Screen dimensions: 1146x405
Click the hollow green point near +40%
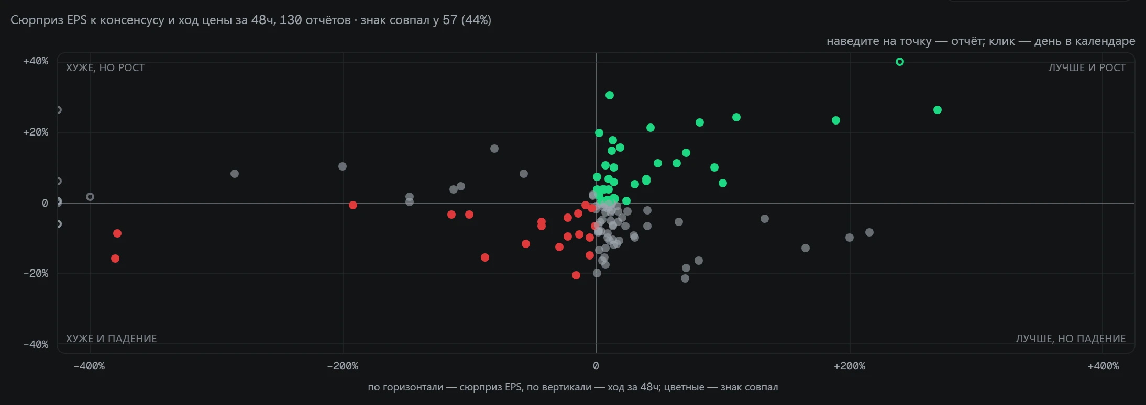[900, 62]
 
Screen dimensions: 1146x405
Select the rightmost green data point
[938, 110]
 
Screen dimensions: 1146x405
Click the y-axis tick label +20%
[36, 132]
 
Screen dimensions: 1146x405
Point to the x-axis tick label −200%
[343, 366]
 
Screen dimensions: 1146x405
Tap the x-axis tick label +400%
[1103, 366]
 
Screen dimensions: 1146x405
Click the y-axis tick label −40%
[36, 344]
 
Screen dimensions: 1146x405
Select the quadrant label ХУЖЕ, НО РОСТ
[105, 68]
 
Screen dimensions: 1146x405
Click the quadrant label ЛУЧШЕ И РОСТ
[1087, 68]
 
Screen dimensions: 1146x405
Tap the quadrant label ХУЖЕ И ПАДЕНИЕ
[112, 339]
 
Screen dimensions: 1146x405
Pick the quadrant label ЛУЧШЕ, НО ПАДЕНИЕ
[1071, 339]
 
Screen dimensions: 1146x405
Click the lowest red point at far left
[115, 258]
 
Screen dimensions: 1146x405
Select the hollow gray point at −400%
[90, 197]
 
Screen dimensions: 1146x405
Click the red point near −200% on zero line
[353, 205]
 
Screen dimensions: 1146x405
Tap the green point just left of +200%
[836, 120]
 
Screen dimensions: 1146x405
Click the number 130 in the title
[291, 20]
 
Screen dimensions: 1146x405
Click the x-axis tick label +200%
[850, 366]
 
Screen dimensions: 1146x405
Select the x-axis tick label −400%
[89, 366]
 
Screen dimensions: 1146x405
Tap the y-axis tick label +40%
[36, 61]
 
